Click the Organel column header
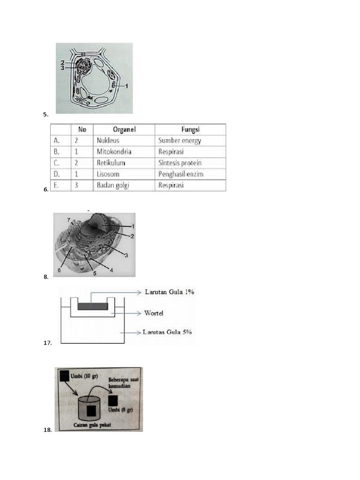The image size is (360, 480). coord(124,129)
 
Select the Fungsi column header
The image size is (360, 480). coord(191,129)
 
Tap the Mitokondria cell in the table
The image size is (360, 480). coord(114,152)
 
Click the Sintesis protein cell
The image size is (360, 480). coord(180,163)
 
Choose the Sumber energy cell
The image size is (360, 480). coord(180,141)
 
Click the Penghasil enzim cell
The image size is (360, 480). coord(181,174)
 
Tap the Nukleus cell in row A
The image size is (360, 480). coord(108,141)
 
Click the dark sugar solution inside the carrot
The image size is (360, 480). coord(92,307)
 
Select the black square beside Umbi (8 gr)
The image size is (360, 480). coord(113,400)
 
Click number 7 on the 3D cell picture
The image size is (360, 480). coord(68,220)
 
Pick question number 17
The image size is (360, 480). coord(47,343)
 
